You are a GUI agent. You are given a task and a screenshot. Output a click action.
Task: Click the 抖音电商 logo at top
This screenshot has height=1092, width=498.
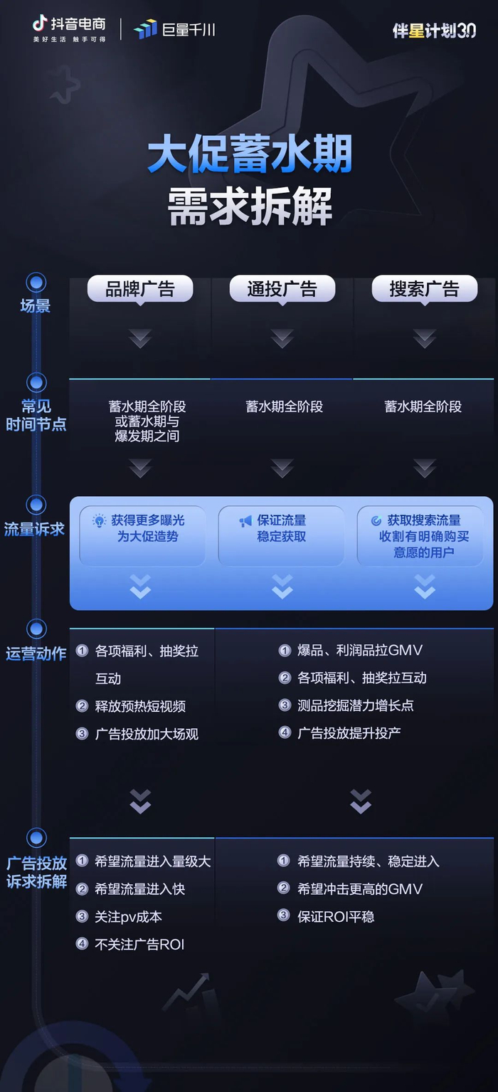(x=69, y=28)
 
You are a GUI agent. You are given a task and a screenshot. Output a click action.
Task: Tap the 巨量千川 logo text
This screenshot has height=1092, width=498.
(x=174, y=29)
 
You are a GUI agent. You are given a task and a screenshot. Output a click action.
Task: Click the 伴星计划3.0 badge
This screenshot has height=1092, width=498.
(x=434, y=30)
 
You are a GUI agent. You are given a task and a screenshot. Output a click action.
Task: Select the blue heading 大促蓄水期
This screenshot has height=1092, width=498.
(x=250, y=156)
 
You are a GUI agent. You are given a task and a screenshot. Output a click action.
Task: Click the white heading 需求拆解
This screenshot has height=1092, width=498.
(x=250, y=207)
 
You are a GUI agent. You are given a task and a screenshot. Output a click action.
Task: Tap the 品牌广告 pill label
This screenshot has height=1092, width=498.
(x=140, y=289)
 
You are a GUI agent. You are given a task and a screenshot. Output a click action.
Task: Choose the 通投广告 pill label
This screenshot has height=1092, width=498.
(x=282, y=289)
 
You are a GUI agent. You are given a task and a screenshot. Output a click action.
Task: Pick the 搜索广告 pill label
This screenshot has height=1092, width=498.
(x=424, y=289)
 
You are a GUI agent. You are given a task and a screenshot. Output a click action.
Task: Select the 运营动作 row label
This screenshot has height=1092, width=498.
(x=36, y=653)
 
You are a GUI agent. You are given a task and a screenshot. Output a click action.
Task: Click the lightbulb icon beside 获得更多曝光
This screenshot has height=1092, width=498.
(x=100, y=521)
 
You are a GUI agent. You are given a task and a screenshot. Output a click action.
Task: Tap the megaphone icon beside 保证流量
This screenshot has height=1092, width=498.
(x=245, y=521)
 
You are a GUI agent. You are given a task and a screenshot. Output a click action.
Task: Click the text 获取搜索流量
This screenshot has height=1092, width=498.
(x=424, y=520)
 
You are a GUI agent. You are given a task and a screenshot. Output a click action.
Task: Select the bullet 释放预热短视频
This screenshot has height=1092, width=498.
(x=140, y=706)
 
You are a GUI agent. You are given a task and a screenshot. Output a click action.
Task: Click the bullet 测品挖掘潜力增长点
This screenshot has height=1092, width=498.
(x=356, y=705)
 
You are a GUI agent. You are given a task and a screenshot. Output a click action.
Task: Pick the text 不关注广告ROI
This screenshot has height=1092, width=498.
(x=139, y=945)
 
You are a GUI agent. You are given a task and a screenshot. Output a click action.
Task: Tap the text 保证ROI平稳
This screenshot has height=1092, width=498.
(x=336, y=917)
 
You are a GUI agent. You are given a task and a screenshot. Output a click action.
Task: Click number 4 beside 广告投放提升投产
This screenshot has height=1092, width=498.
(x=285, y=733)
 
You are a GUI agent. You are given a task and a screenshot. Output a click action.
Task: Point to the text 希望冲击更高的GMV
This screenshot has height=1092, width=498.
(x=360, y=889)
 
